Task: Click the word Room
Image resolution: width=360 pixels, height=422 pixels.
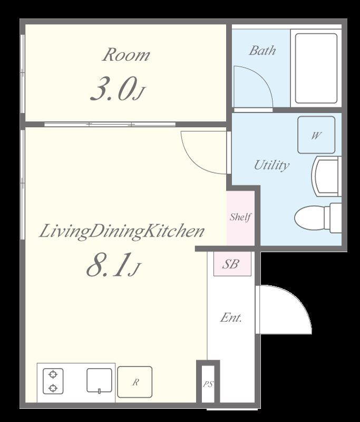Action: [125, 55]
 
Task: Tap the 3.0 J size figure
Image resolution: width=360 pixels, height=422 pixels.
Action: [118, 89]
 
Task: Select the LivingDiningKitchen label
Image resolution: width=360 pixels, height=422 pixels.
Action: [122, 232]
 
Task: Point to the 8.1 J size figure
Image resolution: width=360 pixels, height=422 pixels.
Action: [113, 265]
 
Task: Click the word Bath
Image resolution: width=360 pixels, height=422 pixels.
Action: [262, 51]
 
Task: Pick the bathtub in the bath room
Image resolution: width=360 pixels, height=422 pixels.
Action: [316, 69]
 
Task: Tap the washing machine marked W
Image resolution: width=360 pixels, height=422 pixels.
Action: [316, 135]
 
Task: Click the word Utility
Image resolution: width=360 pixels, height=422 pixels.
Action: [271, 165]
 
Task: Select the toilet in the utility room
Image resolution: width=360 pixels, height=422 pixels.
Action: [318, 218]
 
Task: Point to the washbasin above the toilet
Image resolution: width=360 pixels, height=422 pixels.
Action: [326, 176]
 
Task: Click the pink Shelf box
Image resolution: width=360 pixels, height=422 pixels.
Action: [240, 218]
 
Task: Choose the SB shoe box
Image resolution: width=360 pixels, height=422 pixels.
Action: [232, 264]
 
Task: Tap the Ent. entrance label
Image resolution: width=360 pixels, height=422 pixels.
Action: [231, 318]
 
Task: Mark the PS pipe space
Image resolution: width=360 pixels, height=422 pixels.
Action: [208, 384]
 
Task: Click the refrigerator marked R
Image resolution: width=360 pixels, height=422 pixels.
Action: [135, 382]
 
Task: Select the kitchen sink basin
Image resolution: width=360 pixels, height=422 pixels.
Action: [99, 380]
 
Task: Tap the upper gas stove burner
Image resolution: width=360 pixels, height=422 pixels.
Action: [53, 375]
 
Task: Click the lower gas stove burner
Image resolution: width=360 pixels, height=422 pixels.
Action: [53, 388]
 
